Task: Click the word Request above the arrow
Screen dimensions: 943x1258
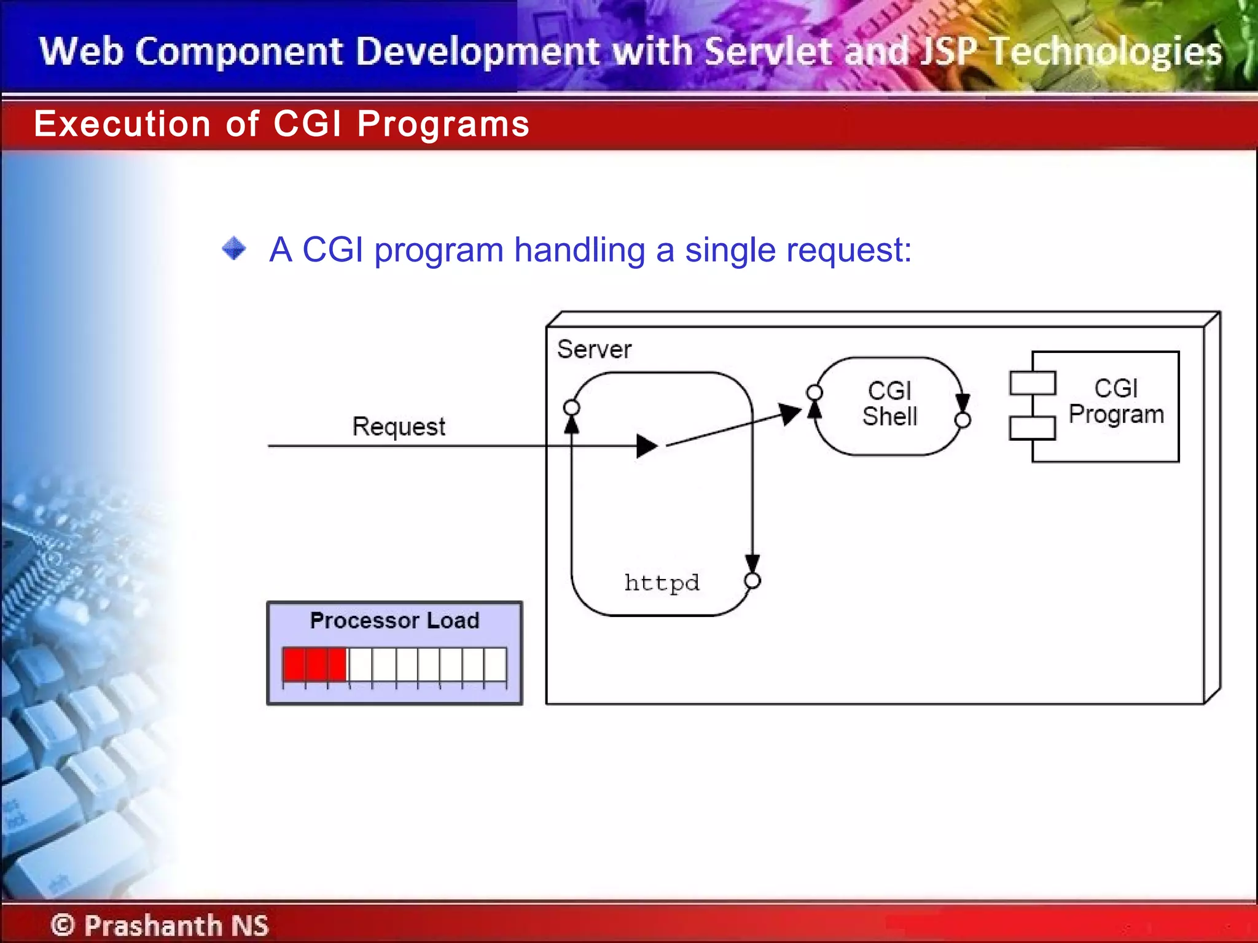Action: (x=398, y=426)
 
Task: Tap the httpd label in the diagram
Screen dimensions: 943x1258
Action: (x=662, y=582)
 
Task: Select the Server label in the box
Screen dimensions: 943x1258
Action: (x=594, y=349)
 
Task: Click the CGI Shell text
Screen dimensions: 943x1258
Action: (x=889, y=403)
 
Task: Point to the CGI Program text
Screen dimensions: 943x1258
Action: (x=1115, y=402)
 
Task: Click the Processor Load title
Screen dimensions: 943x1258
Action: (x=394, y=620)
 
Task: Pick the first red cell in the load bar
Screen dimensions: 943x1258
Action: (x=294, y=664)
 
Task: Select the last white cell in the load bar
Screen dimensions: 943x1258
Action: (x=495, y=664)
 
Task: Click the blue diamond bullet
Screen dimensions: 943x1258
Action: (x=234, y=249)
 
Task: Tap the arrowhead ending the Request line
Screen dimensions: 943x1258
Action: (x=647, y=446)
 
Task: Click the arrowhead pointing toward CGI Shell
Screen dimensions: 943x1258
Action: (x=789, y=414)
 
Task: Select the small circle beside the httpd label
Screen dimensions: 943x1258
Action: (x=752, y=581)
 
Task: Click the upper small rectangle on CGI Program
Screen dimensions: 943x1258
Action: (x=1033, y=383)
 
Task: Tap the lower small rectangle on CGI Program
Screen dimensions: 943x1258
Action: (x=1033, y=428)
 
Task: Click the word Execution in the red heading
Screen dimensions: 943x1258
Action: (x=122, y=124)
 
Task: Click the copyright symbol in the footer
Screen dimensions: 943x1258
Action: (x=63, y=925)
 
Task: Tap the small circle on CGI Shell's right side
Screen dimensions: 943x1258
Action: (x=963, y=420)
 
